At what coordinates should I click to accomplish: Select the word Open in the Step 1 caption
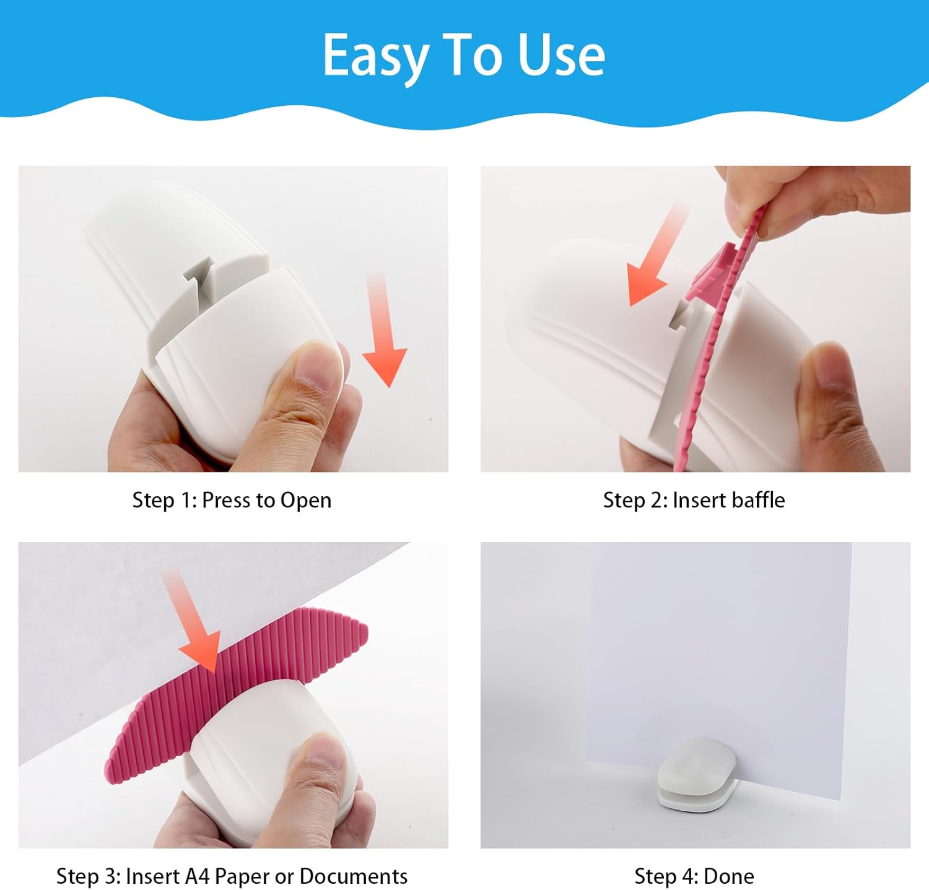pyautogui.click(x=305, y=501)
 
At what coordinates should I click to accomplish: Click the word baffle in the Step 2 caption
pyautogui.click(x=755, y=500)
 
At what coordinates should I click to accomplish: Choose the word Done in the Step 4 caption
pyautogui.click(x=729, y=876)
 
